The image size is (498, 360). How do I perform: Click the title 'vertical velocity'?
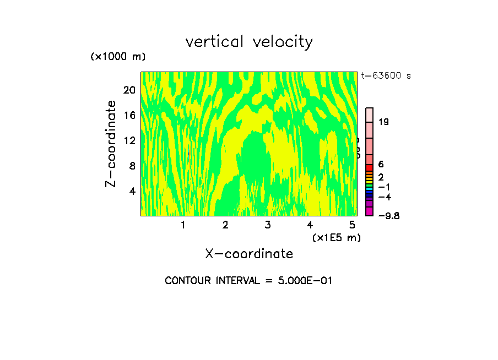click(x=249, y=42)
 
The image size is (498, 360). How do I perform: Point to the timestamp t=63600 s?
click(x=386, y=76)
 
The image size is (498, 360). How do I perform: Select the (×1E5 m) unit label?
click(x=336, y=237)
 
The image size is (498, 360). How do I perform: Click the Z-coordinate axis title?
click(x=111, y=144)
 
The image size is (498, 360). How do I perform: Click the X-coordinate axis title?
click(x=249, y=254)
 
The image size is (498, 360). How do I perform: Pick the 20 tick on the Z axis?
click(x=129, y=90)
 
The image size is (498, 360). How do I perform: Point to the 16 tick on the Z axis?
click(x=129, y=116)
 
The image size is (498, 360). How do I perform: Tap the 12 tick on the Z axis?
click(x=129, y=140)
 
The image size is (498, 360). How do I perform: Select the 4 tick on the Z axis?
click(x=132, y=191)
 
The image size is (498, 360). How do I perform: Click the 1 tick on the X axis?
click(x=183, y=225)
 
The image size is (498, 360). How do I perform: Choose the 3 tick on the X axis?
click(x=267, y=225)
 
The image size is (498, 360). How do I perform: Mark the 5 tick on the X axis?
click(x=351, y=225)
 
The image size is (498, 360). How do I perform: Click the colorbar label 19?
click(x=384, y=122)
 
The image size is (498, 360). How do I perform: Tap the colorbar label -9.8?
click(x=388, y=215)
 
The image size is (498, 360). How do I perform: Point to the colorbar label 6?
click(x=381, y=164)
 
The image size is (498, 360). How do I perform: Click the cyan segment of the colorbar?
click(x=369, y=188)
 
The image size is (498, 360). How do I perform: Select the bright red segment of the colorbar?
click(x=369, y=167)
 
